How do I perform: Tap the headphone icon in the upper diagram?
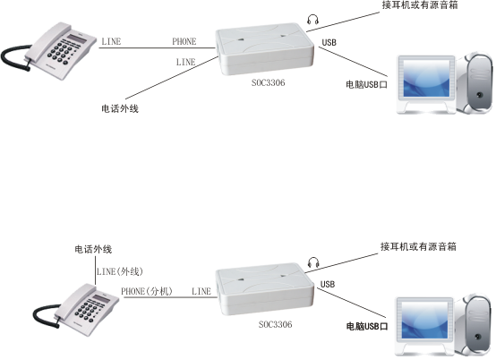[312, 20]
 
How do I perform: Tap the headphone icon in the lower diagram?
[313, 262]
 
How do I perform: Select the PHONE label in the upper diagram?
[184, 41]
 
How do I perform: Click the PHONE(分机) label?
[147, 291]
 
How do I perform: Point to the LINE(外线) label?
[120, 271]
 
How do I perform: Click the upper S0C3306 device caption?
[269, 83]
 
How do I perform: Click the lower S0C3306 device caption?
[275, 324]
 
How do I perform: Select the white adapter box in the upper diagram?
[265, 48]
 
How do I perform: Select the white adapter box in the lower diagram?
[265, 289]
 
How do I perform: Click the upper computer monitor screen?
[426, 79]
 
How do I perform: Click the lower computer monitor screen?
[425, 320]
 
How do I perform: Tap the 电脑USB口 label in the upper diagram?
[366, 84]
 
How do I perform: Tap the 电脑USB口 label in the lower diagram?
[367, 326]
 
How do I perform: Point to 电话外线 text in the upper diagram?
[120, 108]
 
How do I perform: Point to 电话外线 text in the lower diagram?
[93, 249]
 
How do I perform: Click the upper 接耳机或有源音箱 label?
[420, 5]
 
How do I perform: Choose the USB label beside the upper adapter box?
[329, 42]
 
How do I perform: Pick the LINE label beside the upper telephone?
[111, 41]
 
